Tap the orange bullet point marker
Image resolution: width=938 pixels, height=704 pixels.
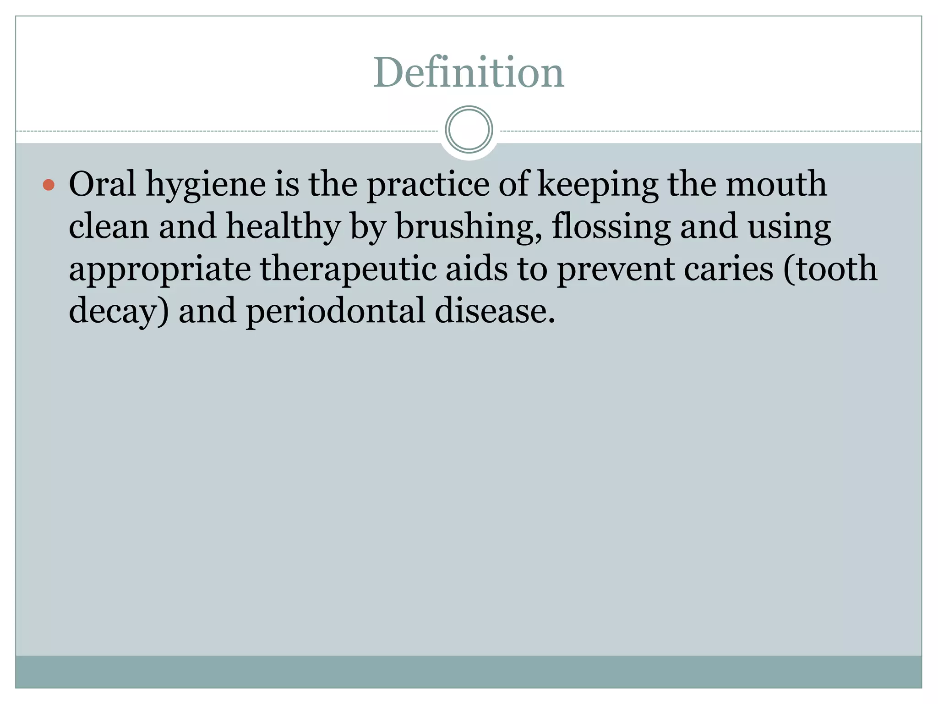pyautogui.click(x=49, y=185)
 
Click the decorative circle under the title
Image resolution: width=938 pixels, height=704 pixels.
pyautogui.click(x=469, y=130)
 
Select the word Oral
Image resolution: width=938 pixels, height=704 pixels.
pyautogui.click(x=102, y=184)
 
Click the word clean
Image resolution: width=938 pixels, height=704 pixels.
pyautogui.click(x=109, y=226)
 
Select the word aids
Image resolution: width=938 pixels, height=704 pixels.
pyautogui.click(x=477, y=269)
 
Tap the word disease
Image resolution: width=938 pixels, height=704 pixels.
pyautogui.click(x=494, y=311)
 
